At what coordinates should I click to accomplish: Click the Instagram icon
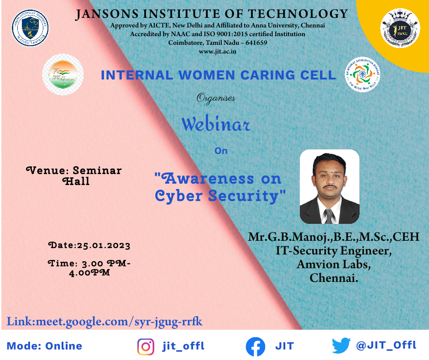[x=146, y=346]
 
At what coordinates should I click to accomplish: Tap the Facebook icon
[x=256, y=346]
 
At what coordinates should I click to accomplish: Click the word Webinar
[x=216, y=124]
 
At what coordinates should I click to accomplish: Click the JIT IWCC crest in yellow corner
[x=400, y=28]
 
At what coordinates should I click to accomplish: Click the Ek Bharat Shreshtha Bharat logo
[x=363, y=74]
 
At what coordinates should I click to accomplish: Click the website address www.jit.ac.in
[x=218, y=52]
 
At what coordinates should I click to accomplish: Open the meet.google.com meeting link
[x=105, y=321]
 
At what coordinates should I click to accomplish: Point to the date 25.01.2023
[x=103, y=245]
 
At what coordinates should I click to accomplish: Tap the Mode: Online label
[x=45, y=346]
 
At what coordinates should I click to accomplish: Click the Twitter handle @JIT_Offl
[x=386, y=345]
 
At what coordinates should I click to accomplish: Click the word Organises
[x=216, y=97]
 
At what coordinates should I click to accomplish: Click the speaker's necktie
[x=329, y=215]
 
